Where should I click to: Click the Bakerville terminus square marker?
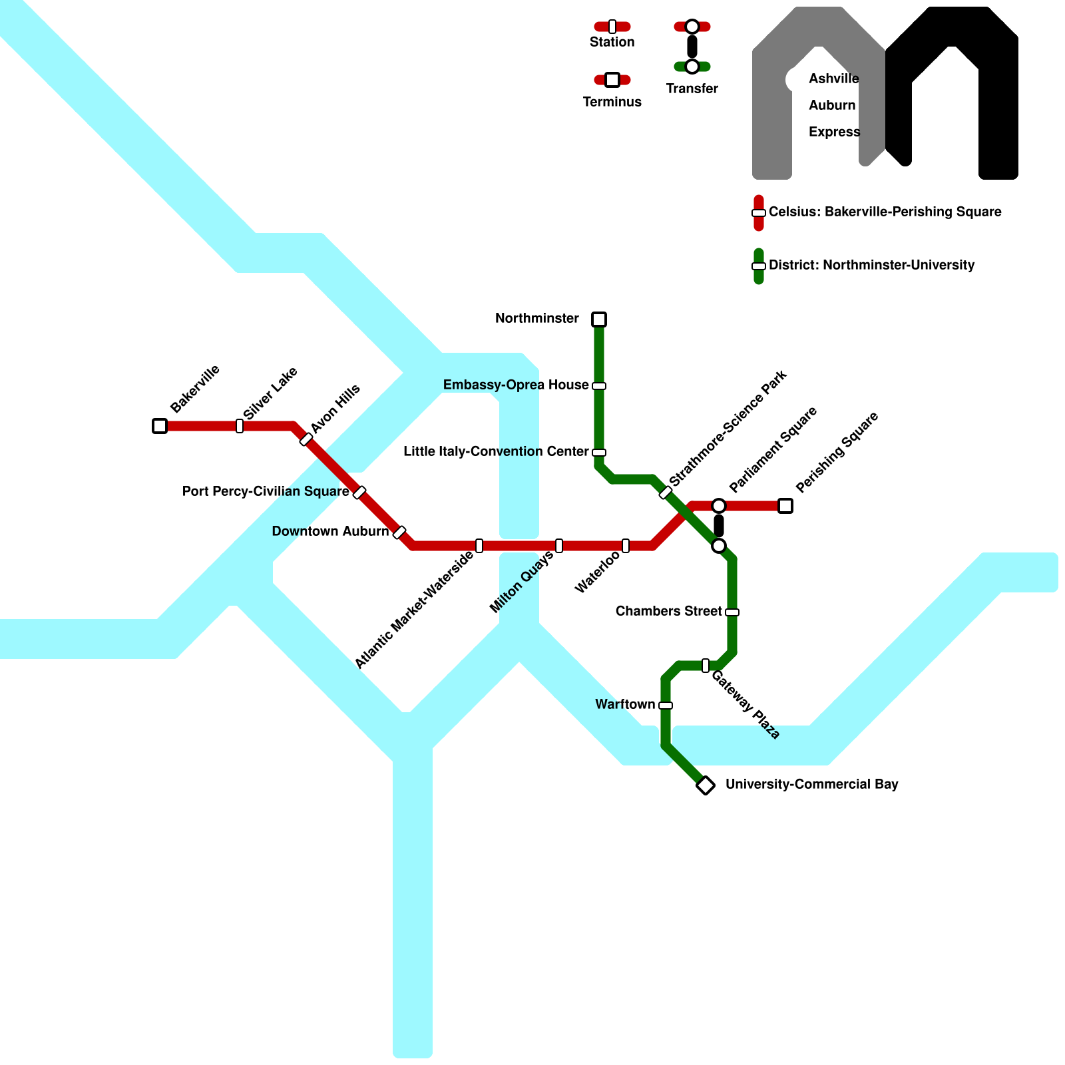[160, 426]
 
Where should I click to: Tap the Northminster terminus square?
[599, 319]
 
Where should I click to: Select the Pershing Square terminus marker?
[785, 506]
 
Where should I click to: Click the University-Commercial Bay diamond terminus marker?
[706, 785]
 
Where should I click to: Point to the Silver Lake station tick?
[240, 426]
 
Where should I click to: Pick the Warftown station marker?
[666, 706]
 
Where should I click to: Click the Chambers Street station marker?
[732, 612]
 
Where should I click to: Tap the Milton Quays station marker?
[559, 546]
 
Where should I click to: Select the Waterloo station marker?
[626, 546]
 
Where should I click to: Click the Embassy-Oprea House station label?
[516, 385]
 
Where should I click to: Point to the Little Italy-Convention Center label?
[496, 452]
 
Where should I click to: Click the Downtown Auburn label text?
[330, 532]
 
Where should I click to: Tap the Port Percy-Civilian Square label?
[266, 492]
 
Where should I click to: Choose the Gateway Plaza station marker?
[706, 666]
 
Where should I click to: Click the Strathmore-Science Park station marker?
[666, 493]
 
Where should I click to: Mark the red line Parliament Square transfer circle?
[719, 506]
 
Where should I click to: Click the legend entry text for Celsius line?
[885, 212]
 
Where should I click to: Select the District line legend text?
[871, 266]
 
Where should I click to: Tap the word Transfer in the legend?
[692, 89]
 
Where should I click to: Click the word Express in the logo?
[834, 132]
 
